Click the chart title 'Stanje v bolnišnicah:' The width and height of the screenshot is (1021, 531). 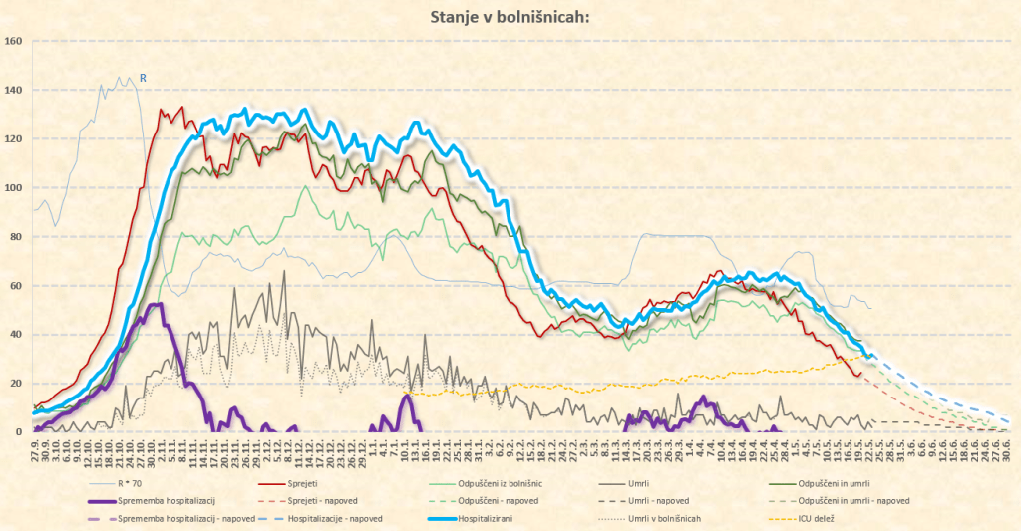tap(510, 17)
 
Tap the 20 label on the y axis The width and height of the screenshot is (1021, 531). tap(16, 384)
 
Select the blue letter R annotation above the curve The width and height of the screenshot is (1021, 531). tap(143, 77)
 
